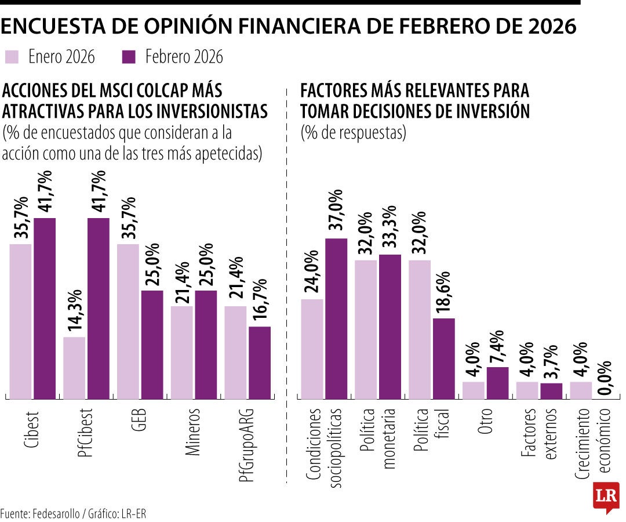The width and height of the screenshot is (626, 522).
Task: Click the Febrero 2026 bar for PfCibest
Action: coord(98,308)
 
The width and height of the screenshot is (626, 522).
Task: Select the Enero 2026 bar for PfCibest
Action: coord(74,368)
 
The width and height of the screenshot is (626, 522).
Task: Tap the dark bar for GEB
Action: coord(152,345)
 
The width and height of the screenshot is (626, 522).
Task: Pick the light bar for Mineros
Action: coord(182,352)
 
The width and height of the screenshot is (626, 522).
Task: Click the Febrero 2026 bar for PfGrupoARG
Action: coord(260,362)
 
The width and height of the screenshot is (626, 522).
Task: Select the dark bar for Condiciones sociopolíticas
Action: coord(336,318)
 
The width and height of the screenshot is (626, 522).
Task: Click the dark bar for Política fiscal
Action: coord(443,358)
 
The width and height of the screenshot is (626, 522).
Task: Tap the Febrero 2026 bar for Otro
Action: coord(497,383)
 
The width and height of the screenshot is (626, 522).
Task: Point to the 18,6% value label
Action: coord(444,292)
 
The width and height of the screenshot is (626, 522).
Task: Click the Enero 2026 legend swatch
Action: coord(12,57)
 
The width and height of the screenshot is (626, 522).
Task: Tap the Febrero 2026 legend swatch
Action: coord(129,57)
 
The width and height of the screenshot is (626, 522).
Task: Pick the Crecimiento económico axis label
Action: coord(594,444)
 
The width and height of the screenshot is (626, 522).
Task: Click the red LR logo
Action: coord(606,496)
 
